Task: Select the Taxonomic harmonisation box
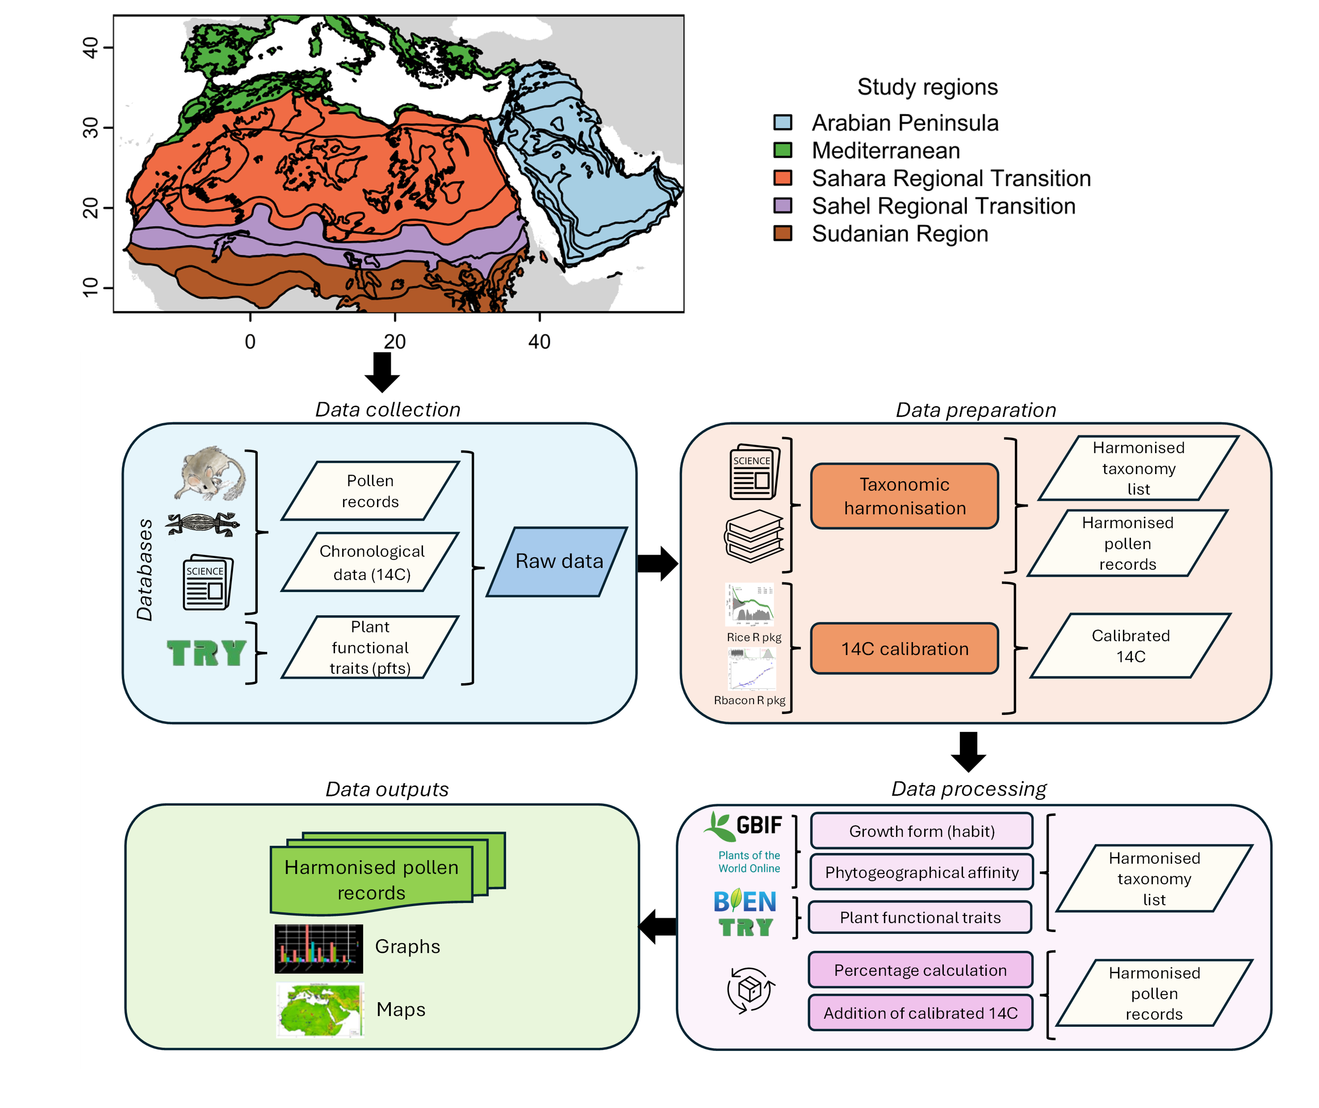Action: (904, 496)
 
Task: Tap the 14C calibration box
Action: (904, 649)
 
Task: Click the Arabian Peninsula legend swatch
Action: (783, 122)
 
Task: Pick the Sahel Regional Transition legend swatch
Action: (783, 206)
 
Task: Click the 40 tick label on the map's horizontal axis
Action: (539, 342)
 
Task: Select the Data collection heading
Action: (388, 410)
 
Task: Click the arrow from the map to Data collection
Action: (382, 371)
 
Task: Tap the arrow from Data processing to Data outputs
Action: (657, 926)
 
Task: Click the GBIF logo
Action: (744, 826)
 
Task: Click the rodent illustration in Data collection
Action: (209, 474)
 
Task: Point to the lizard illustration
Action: (202, 523)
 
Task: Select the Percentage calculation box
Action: (920, 970)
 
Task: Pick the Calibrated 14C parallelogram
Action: (1130, 646)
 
